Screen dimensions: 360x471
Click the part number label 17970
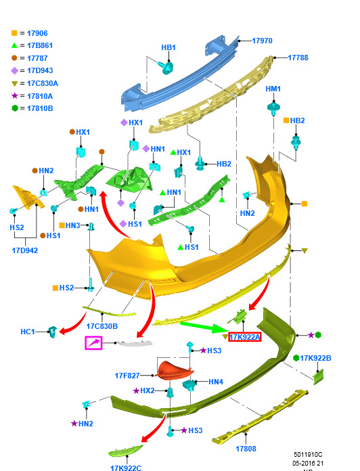[x=262, y=41]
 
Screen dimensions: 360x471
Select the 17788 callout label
[x=298, y=58]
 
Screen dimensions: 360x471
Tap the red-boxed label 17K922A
[x=245, y=337]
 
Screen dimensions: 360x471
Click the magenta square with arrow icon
[x=93, y=343]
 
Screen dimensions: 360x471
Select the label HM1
[x=273, y=89]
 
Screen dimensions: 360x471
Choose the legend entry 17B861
[x=40, y=45]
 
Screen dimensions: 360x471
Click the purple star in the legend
[x=14, y=96]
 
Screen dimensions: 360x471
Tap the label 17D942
[x=25, y=250]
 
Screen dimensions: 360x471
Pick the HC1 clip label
[x=28, y=332]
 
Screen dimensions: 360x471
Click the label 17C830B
[x=102, y=326]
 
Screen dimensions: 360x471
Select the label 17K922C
[x=126, y=468]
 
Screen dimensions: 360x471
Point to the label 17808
[x=246, y=449]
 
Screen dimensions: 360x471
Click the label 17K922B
[x=315, y=358]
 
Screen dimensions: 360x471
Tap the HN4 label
[x=216, y=382]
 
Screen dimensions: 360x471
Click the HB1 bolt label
[x=168, y=47]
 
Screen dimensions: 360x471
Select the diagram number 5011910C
[x=308, y=455]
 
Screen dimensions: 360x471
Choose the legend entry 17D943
[x=40, y=70]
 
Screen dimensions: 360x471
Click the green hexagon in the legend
[x=15, y=108]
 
